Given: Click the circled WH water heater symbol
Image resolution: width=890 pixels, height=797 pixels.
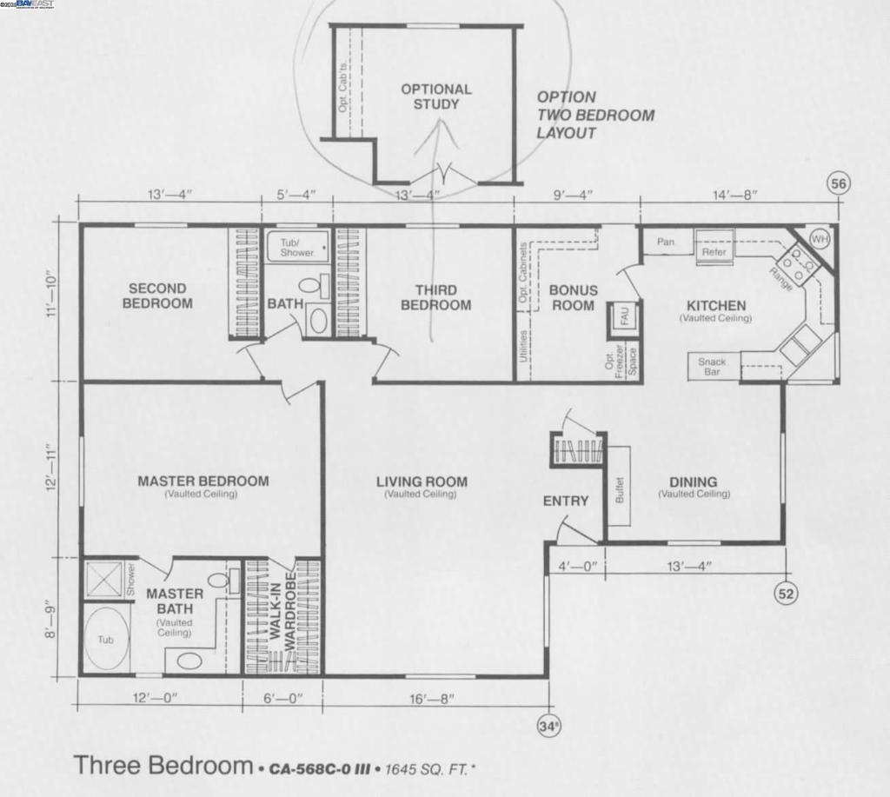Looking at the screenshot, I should pos(819,238).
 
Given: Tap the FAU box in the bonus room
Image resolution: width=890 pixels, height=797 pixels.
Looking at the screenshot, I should pos(623,316).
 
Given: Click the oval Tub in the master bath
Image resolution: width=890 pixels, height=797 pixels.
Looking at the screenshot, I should pos(106,639).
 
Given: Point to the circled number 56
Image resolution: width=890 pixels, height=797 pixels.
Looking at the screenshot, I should pos(839,183).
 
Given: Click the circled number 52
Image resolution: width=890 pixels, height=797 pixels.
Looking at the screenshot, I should pos(786,593).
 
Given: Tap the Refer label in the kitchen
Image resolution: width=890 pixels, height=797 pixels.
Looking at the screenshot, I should pos(714,252).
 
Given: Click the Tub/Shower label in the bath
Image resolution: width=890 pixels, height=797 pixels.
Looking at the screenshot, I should pos(297,247).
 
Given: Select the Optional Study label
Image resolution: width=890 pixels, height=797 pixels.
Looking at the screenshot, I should pos(436,96).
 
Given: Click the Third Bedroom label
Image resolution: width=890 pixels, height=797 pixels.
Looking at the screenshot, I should pos(436,297).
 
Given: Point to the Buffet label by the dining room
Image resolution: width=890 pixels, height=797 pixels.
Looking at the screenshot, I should pos(620,490).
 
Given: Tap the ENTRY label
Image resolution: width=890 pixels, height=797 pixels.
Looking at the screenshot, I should pos(566,501).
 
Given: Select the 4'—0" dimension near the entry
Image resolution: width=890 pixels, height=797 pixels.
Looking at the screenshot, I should pos(576,567).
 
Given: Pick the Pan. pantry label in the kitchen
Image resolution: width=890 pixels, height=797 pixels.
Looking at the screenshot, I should pos(666,242).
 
